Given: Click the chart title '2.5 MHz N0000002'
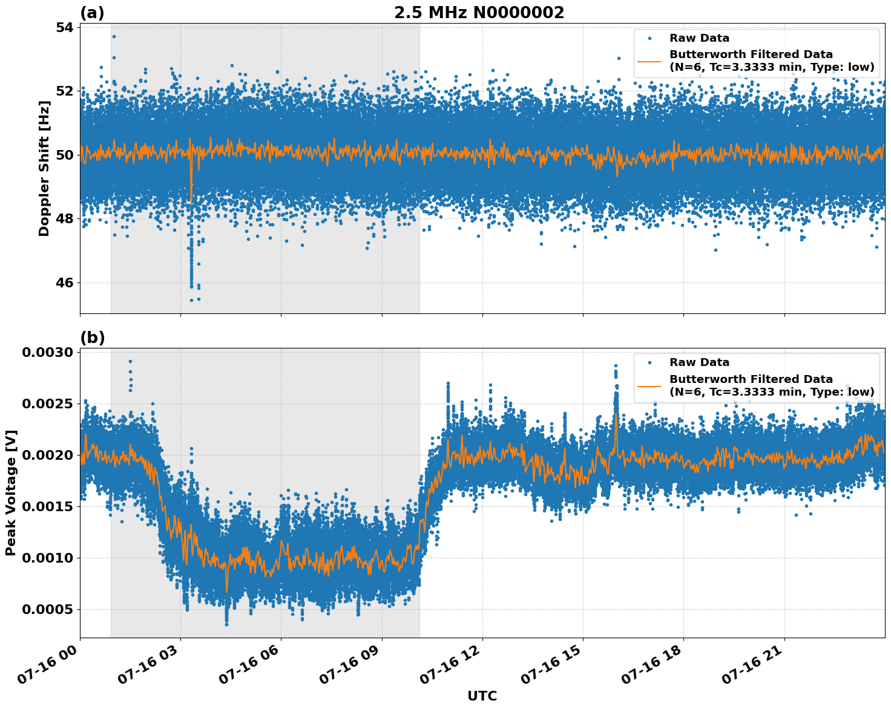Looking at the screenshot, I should click(x=479, y=13).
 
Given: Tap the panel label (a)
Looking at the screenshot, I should click(x=92, y=13).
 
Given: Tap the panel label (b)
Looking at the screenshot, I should click(x=92, y=338).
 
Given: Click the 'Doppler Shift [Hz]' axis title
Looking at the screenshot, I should click(x=44, y=168).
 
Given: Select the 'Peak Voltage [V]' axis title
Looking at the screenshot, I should click(x=11, y=492).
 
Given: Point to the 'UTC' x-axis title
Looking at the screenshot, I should click(x=482, y=696).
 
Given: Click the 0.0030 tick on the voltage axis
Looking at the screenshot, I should click(x=47, y=353).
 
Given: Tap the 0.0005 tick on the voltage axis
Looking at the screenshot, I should click(x=47, y=609).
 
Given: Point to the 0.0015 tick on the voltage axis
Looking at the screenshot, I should click(x=47, y=506).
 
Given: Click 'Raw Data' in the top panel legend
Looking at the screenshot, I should click(x=699, y=38).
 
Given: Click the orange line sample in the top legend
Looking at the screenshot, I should click(x=649, y=61).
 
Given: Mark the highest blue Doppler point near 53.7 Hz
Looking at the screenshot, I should click(x=114, y=36).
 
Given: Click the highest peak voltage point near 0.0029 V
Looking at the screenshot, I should click(x=130, y=361).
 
